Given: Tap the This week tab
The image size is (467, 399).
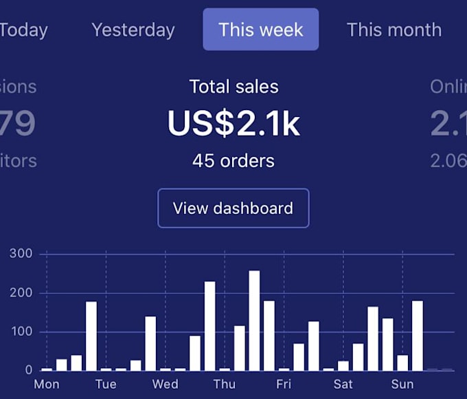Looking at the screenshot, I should tap(261, 30).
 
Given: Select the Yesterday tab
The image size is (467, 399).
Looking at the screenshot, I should tap(133, 30).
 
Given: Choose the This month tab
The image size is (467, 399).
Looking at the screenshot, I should tap(394, 30).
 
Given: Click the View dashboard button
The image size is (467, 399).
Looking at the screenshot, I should tap(233, 208).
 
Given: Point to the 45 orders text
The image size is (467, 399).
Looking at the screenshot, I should tap(233, 161).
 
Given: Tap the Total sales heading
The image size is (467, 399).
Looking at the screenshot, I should tap(233, 87).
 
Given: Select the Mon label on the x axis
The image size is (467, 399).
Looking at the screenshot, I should tap(47, 384).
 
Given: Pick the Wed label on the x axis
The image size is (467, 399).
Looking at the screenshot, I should tap(165, 384).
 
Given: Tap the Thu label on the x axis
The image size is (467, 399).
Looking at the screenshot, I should tap(224, 384).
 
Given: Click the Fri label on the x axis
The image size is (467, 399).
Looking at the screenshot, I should tap(284, 384).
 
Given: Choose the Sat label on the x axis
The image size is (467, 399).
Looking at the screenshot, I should tap(343, 384).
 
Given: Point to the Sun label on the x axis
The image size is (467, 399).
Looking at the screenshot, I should tap(402, 384).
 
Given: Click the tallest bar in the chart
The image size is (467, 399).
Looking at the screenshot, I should tap(254, 321).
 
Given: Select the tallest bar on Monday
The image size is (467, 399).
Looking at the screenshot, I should tap(91, 336).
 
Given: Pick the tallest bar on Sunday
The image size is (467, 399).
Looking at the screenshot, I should tap(418, 336).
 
